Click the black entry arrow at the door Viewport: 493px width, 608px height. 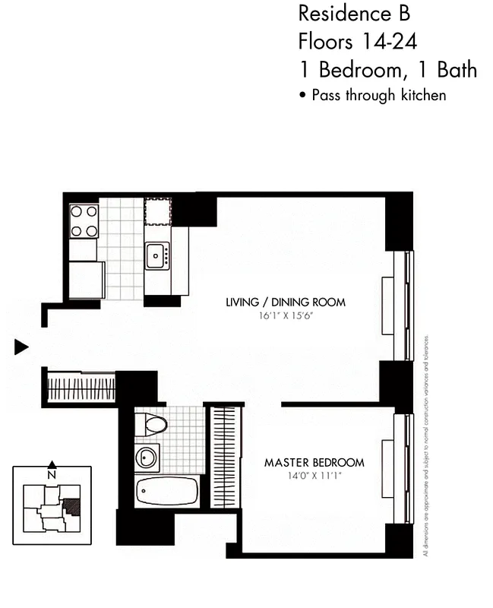pyautogui.click(x=21, y=347)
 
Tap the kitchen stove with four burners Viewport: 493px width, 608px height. pyautogui.click(x=84, y=221)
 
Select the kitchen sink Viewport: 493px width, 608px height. pyautogui.click(x=158, y=256)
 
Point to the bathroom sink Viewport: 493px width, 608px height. pyautogui.click(x=147, y=458)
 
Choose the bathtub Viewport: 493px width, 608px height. pyautogui.click(x=167, y=492)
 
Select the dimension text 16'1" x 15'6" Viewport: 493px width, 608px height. pyautogui.click(x=286, y=315)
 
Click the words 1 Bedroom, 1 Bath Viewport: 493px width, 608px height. pyautogui.click(x=387, y=69)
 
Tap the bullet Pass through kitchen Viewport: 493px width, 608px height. pyautogui.click(x=372, y=96)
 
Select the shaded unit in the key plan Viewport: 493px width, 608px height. pyautogui.click(x=72, y=506)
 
